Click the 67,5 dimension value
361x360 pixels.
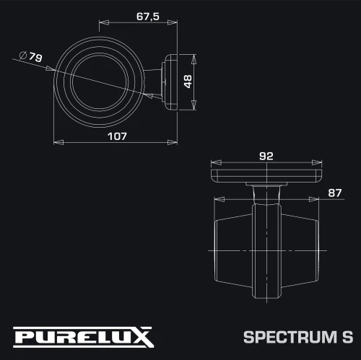(x=148, y=17)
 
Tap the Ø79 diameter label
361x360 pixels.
(x=30, y=57)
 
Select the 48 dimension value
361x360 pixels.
(x=188, y=82)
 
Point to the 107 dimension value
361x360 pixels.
(x=117, y=136)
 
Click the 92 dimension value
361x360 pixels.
(x=266, y=157)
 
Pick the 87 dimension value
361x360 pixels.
(x=335, y=193)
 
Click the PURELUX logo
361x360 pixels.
(x=84, y=337)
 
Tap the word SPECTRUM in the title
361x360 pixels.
(x=290, y=337)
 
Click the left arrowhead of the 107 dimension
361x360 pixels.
(x=58, y=142)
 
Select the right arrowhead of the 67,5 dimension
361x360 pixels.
(x=173, y=22)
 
